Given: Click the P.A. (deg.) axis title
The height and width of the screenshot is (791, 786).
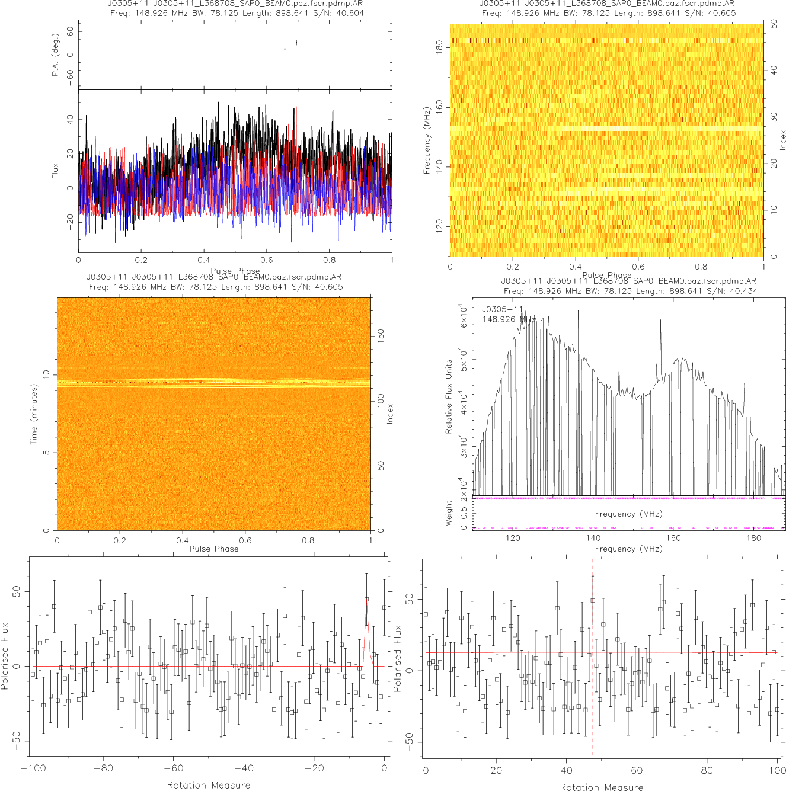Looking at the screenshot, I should point(55,55).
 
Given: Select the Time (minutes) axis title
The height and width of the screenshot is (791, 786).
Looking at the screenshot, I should point(34,414).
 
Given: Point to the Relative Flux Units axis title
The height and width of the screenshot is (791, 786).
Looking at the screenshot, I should point(449,396).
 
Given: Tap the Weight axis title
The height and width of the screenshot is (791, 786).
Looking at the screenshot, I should point(448,513).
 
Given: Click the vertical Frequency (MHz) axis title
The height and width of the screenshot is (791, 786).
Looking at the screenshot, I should point(426,140).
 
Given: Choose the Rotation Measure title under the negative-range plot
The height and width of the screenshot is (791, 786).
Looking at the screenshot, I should point(208,785).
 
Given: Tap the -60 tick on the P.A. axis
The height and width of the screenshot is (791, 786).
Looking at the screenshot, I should point(70,78).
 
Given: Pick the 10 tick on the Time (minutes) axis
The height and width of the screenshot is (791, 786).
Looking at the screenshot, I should point(46,374).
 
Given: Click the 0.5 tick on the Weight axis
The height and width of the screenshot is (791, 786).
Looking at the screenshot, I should point(464,513).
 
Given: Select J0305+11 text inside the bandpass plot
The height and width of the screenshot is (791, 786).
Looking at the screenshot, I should point(503,309).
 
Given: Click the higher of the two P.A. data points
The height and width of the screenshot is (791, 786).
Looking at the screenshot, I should point(296,43).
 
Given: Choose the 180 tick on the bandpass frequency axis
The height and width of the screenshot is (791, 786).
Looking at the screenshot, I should point(753,538).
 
